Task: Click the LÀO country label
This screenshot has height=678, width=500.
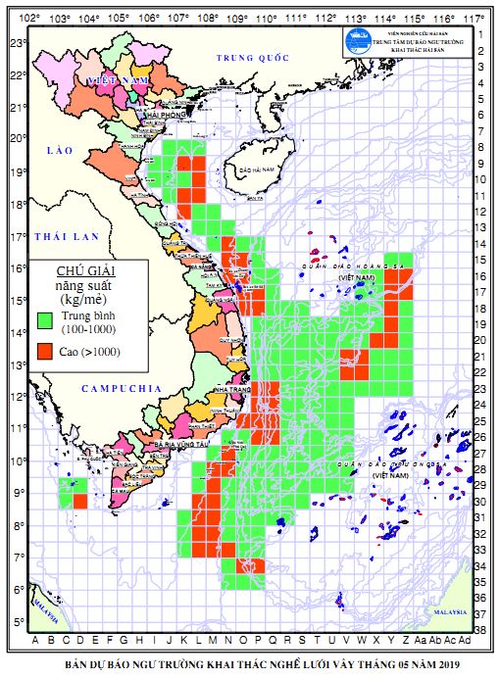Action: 60,150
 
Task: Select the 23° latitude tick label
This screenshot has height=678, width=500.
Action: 17,43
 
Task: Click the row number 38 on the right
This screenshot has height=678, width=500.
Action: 481,629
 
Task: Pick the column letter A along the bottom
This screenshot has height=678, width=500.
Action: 37,642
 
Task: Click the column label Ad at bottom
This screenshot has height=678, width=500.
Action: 465,642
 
